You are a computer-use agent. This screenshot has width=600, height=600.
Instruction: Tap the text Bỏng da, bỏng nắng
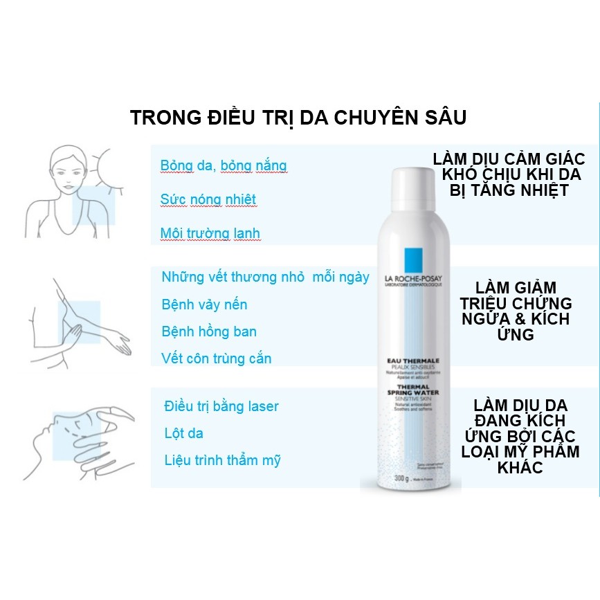click(223, 166)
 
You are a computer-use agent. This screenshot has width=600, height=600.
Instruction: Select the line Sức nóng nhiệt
click(208, 199)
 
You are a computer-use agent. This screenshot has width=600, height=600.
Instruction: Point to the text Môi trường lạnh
click(210, 233)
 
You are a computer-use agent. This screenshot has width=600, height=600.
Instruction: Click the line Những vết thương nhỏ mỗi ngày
click(265, 277)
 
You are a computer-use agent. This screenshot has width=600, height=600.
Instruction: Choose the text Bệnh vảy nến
click(203, 304)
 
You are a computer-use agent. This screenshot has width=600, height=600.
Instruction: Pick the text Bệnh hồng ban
click(208, 331)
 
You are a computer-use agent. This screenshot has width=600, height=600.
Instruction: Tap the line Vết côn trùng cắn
click(216, 358)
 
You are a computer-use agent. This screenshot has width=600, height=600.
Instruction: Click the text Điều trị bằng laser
click(221, 406)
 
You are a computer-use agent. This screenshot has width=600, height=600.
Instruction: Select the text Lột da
click(183, 434)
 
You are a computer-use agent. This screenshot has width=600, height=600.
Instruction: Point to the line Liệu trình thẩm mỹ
click(222, 460)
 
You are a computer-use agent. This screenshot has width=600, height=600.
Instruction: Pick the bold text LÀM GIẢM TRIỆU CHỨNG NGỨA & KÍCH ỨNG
click(515, 311)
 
